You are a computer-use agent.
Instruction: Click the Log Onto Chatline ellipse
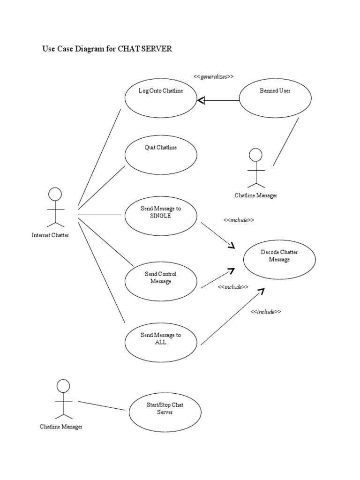click(x=161, y=99)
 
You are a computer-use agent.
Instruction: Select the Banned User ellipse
click(x=275, y=99)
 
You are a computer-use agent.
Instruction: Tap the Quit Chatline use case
click(x=161, y=155)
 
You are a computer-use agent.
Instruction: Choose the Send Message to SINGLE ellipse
click(x=161, y=216)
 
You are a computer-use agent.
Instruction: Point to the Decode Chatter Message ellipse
click(x=279, y=259)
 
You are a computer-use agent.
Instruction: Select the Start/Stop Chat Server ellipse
click(x=165, y=412)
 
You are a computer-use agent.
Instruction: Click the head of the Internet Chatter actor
click(x=55, y=194)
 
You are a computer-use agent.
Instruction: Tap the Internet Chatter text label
click(x=50, y=235)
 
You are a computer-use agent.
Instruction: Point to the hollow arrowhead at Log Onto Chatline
click(x=201, y=100)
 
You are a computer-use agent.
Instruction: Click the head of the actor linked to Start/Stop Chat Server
click(x=63, y=386)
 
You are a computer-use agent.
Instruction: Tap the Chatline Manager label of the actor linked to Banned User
click(x=256, y=195)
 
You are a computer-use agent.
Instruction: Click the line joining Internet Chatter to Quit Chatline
click(x=102, y=187)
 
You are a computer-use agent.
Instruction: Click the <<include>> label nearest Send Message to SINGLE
click(x=239, y=220)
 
